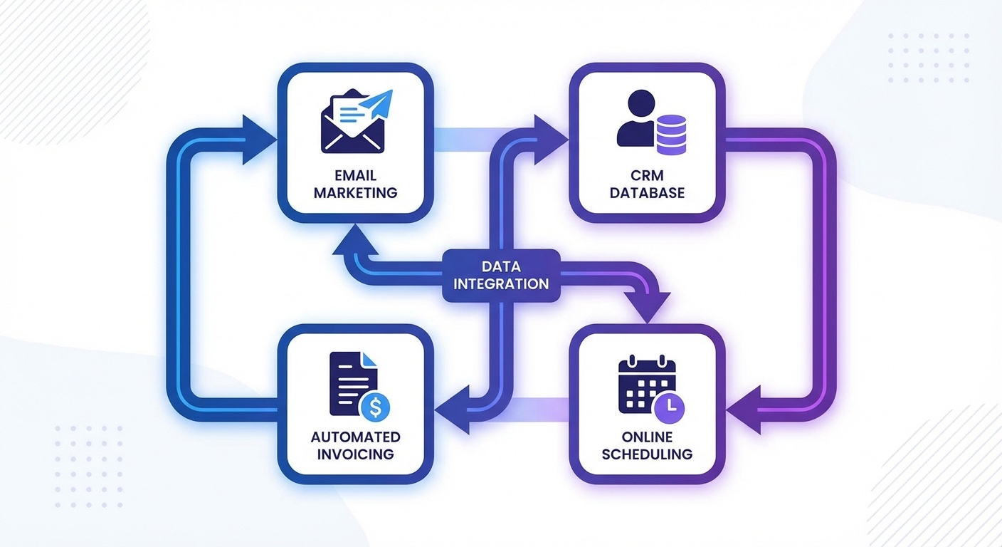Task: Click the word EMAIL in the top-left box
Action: (x=355, y=175)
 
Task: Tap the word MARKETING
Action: (x=355, y=193)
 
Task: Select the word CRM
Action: (x=647, y=175)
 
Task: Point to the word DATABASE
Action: (x=647, y=193)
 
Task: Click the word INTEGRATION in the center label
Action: (x=501, y=284)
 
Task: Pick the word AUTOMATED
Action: (x=355, y=437)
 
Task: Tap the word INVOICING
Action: (x=355, y=454)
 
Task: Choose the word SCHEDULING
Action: (x=647, y=454)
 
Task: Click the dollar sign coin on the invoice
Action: (x=375, y=408)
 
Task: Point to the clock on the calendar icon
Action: (x=669, y=407)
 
